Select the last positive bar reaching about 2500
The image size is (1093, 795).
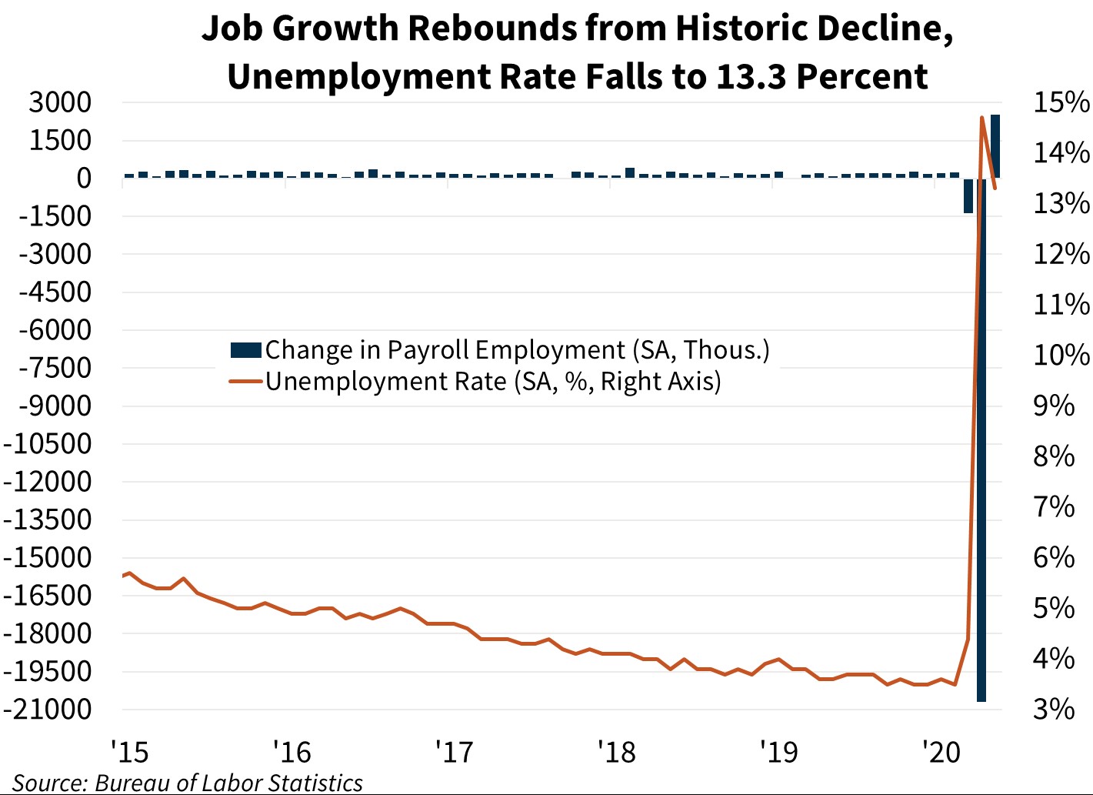pyautogui.click(x=995, y=146)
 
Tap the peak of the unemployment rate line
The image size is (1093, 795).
pyautogui.click(x=981, y=118)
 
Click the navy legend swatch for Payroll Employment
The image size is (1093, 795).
pyautogui.click(x=246, y=350)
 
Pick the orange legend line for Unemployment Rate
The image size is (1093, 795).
pyautogui.click(x=246, y=381)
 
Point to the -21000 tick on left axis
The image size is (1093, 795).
pyautogui.click(x=48, y=709)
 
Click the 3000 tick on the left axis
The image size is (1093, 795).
pyautogui.click(x=60, y=102)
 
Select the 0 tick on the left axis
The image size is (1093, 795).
pyautogui.click(x=83, y=179)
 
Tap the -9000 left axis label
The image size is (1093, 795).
pyautogui.click(x=55, y=406)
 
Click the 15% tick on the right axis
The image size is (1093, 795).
pyautogui.click(x=1061, y=102)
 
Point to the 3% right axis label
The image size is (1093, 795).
pyautogui.click(x=1054, y=709)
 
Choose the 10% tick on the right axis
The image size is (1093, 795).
pyautogui.click(x=1061, y=355)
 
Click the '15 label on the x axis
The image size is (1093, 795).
pyautogui.click(x=129, y=751)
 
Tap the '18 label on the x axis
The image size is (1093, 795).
pyautogui.click(x=617, y=751)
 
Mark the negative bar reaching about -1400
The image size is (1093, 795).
pyautogui.click(x=968, y=195)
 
